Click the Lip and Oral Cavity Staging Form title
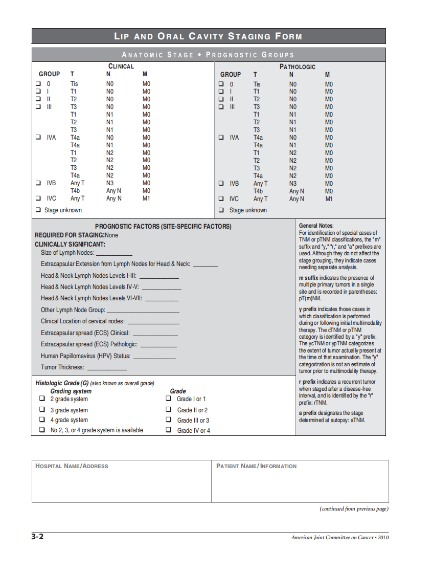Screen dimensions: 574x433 pos(208,36)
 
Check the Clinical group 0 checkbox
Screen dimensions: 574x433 pos(38,83)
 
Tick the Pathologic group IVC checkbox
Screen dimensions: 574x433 pos(221,198)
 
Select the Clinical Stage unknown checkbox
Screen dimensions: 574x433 pos(38,210)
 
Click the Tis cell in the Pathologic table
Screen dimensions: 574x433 pos(257,84)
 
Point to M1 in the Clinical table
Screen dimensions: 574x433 pos(146,198)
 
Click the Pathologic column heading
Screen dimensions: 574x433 pos(297,67)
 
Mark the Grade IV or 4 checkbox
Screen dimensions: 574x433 pos(169,430)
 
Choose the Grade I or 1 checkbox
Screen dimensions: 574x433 pos(169,399)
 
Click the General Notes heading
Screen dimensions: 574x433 pos(316,226)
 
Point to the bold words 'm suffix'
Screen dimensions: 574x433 pos(308,278)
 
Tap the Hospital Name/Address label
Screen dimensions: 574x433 pos(72,466)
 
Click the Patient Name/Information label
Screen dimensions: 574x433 pos(256,466)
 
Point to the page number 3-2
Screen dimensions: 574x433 pos(37,537)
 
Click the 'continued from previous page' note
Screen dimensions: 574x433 pos(354,509)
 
